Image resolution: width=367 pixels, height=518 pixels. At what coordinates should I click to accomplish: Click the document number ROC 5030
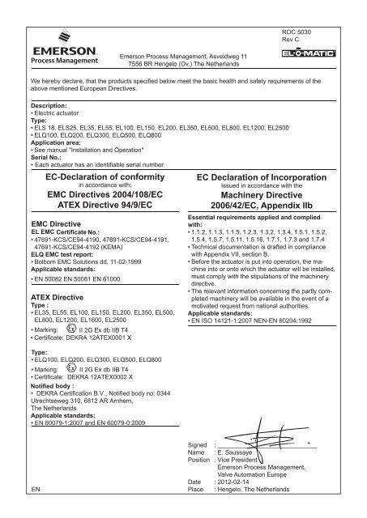point(292,30)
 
